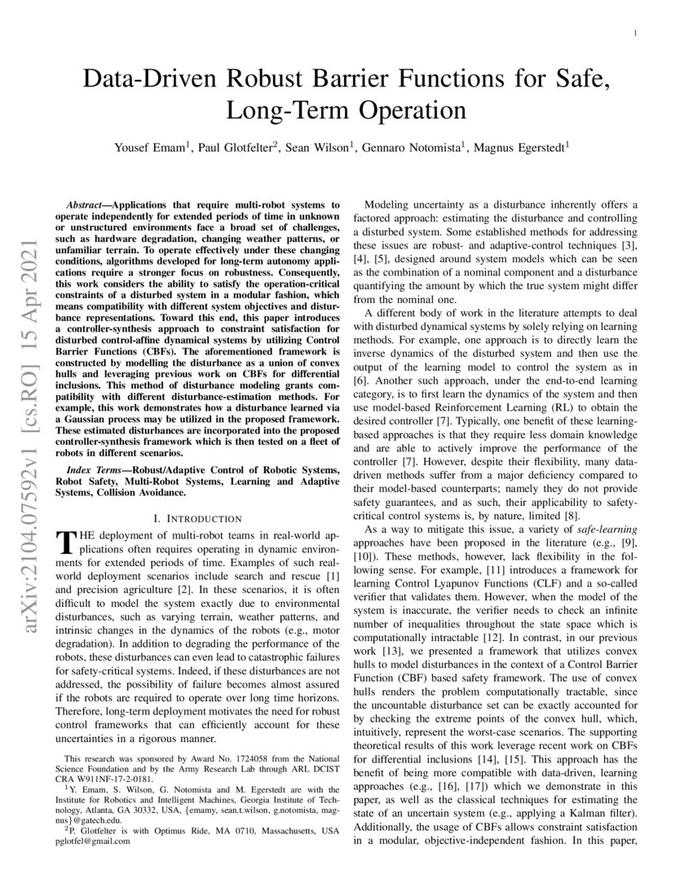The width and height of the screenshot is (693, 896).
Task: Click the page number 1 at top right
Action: coord(634,33)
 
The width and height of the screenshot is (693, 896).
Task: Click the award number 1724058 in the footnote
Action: coord(218,758)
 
